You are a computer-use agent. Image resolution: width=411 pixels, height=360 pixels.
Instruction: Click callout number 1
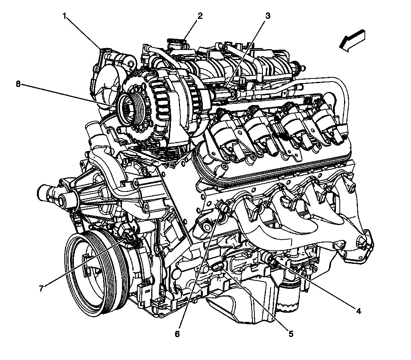point(65,16)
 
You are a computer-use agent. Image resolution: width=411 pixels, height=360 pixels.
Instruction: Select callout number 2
point(200,16)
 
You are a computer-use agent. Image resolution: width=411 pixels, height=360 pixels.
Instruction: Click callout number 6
point(177,334)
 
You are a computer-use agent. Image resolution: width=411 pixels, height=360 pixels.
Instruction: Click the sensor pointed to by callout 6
point(222,207)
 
